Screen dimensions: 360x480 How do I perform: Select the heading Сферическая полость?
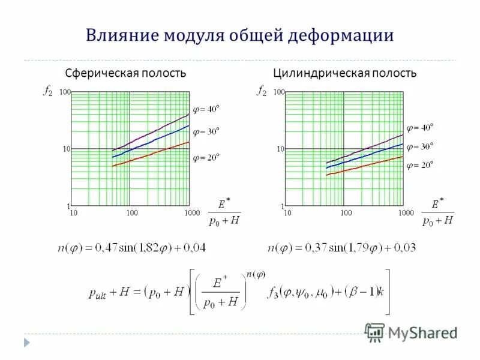click(x=125, y=73)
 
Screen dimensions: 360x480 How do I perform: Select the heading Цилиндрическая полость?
click(x=344, y=73)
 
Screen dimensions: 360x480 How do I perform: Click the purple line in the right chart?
click(x=366, y=149)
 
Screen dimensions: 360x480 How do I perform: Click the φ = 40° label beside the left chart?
click(x=206, y=109)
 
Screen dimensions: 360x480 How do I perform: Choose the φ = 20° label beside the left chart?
click(x=206, y=157)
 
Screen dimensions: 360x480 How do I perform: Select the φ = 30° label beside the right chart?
click(x=419, y=146)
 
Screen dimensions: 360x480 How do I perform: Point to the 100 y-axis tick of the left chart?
click(x=65, y=92)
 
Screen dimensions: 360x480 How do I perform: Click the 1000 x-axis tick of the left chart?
click(x=191, y=213)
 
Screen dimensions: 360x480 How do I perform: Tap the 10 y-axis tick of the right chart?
click(x=280, y=149)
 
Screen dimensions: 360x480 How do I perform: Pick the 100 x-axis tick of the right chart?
click(x=346, y=213)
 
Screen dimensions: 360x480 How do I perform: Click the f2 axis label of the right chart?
click(x=262, y=91)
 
